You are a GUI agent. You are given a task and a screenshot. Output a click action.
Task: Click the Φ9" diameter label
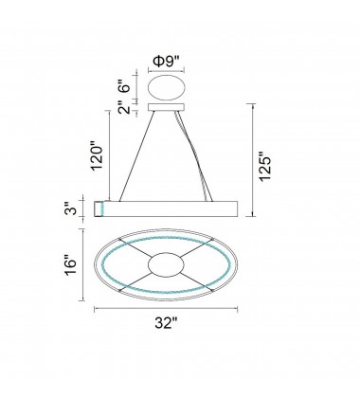pyautogui.click(x=166, y=62)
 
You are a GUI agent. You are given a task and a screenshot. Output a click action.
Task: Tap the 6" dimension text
pyautogui.click(x=125, y=84)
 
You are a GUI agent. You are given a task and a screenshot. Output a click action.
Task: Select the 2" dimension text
pyautogui.click(x=125, y=108)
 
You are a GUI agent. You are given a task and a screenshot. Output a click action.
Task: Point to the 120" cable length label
pyautogui.click(x=97, y=158)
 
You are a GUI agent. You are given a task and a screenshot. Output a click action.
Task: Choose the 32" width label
pyautogui.click(x=166, y=323)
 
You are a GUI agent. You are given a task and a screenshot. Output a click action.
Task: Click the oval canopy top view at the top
pyautogui.click(x=167, y=88)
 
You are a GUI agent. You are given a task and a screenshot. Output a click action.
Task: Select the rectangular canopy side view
pyautogui.click(x=167, y=108)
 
